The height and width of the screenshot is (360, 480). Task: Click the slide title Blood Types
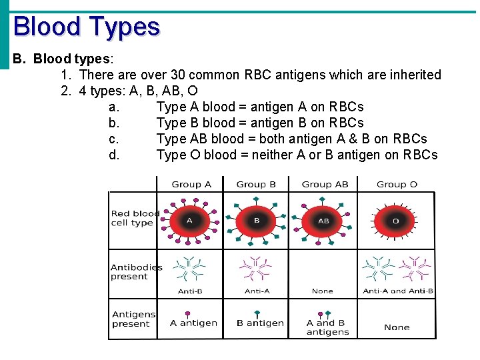click(87, 27)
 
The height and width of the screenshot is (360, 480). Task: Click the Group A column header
click(191, 185)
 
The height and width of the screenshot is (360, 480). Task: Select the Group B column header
click(256, 185)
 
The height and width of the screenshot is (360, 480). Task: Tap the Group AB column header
click(325, 185)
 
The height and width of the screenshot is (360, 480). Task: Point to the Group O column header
click(397, 185)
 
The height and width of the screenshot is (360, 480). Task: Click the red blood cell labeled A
click(189, 221)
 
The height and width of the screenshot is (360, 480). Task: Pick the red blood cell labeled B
click(257, 221)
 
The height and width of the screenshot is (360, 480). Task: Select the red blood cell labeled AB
click(323, 221)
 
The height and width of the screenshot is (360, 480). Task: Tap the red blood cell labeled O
click(395, 221)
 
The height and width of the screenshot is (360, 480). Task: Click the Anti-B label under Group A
click(190, 291)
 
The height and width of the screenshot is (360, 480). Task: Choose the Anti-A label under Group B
click(257, 291)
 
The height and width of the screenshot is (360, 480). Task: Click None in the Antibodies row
click(322, 291)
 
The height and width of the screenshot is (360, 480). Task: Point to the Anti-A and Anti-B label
click(398, 291)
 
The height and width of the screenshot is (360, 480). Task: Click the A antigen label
click(193, 323)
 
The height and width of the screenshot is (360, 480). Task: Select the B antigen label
click(260, 323)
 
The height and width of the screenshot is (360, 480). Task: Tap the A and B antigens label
click(327, 327)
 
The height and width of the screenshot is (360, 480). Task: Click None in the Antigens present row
click(397, 327)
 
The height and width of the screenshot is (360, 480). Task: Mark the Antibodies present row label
click(136, 272)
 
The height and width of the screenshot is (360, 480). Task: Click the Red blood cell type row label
click(135, 218)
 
